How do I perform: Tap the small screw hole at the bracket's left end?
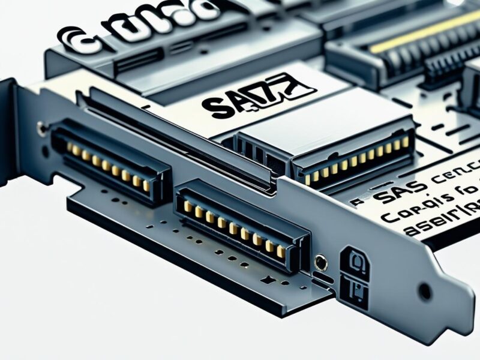coord(41,127)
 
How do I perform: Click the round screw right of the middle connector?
coord(322,262)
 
